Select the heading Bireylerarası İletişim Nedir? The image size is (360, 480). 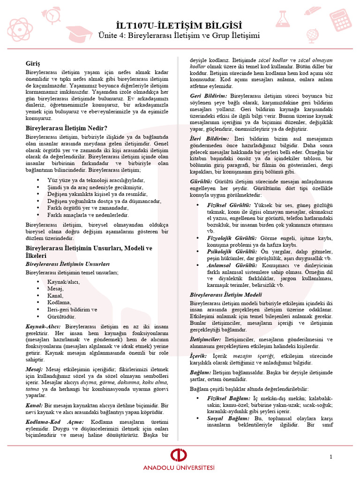[66, 128]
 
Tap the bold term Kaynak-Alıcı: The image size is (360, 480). [44, 326]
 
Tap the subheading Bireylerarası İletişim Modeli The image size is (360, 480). [225, 295]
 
